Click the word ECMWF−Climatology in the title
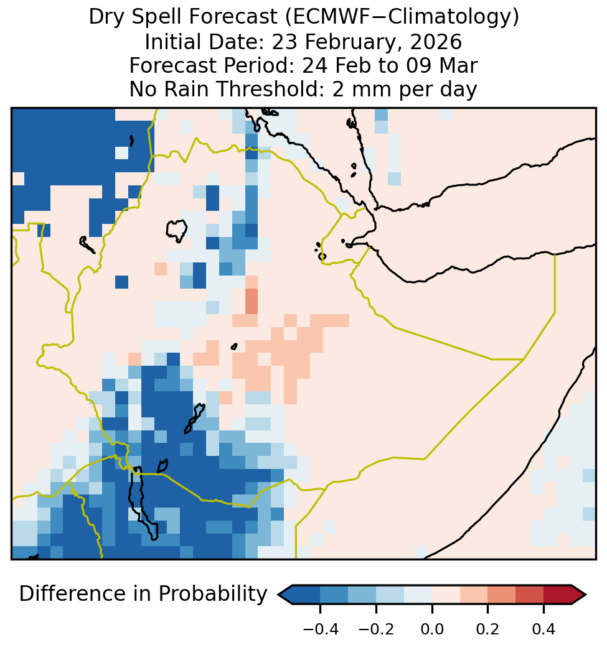[x=402, y=17]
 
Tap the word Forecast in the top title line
[x=233, y=17]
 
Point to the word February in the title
[x=349, y=42]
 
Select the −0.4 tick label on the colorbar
[x=321, y=629]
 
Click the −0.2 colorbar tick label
[x=376, y=629]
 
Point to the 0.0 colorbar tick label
[x=432, y=629]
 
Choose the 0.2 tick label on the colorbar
[x=487, y=629]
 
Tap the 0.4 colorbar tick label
[x=543, y=629]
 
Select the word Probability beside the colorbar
[x=213, y=595]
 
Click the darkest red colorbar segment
[x=557, y=595]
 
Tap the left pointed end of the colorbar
[x=279, y=595]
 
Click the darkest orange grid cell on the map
[x=251, y=302]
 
